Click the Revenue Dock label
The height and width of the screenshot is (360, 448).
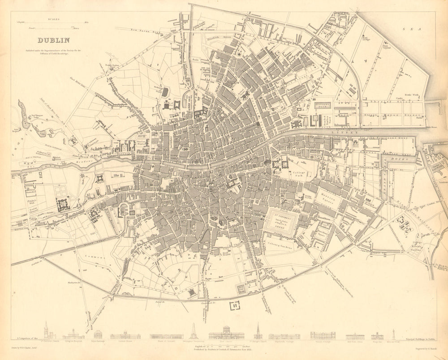pos(321,106)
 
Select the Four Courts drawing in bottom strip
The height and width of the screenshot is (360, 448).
pos(226,333)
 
